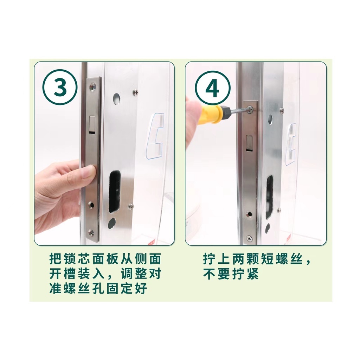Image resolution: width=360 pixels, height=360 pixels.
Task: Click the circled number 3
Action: [60, 87]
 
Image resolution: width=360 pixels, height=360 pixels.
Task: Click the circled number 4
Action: [213, 88]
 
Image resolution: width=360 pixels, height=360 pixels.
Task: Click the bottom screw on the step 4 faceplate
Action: [249, 239]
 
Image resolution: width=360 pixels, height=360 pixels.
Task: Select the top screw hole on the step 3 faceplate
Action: [93, 86]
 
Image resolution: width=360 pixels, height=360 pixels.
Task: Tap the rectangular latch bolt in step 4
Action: [250, 143]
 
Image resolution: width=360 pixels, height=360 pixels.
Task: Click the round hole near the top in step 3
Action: [117, 98]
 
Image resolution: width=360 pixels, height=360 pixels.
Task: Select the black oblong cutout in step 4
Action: [269, 197]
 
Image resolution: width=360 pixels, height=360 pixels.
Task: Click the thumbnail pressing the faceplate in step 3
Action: [88, 172]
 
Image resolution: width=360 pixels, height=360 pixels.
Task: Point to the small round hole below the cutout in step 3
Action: [112, 222]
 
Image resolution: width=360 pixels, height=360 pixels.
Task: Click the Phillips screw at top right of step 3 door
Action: [136, 92]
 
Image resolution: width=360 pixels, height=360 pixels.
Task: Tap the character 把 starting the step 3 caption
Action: [56, 259]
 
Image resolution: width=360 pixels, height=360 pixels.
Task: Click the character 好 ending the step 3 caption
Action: [141, 288]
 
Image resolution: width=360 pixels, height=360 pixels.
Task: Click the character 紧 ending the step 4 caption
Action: [252, 274]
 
